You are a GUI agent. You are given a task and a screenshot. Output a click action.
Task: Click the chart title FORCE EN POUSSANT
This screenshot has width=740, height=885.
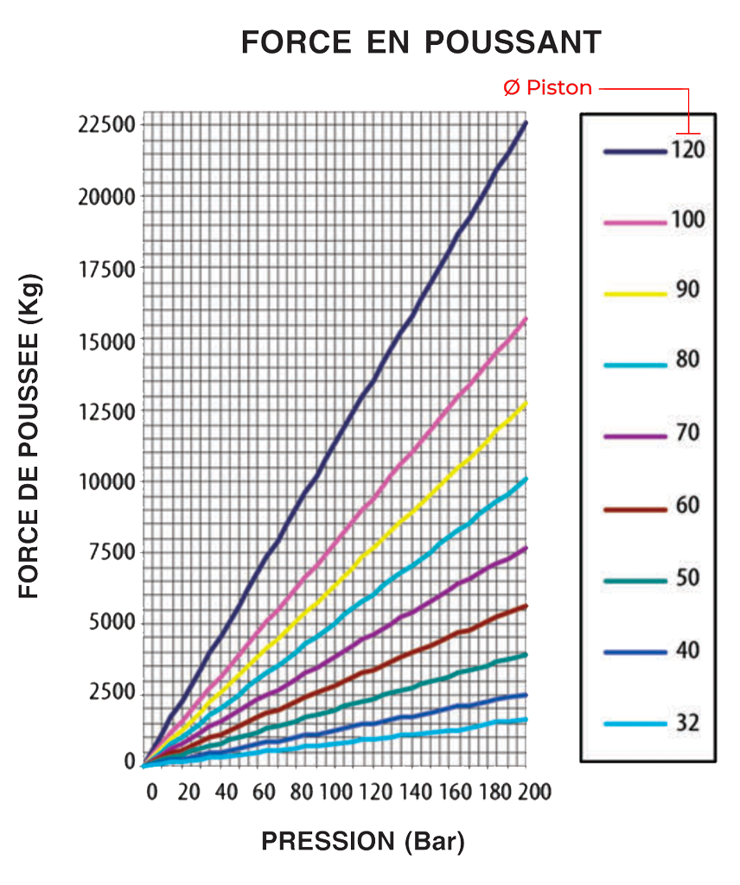coord(420,41)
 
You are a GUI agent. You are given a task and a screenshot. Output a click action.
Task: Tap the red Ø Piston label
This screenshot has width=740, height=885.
coord(547,87)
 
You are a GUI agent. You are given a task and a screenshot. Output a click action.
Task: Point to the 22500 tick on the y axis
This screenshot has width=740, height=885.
coord(105,124)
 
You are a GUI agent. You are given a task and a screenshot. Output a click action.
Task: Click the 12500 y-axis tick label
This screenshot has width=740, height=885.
coord(105,410)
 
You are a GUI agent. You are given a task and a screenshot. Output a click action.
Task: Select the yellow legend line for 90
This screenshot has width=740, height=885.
coord(635,294)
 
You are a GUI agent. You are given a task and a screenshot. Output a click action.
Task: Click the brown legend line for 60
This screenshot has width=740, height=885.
coord(635,510)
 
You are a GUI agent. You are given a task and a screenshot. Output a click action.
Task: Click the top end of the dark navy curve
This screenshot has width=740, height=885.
coord(526,124)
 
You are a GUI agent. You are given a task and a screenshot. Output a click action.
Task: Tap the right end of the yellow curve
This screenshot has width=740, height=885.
coord(526,404)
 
